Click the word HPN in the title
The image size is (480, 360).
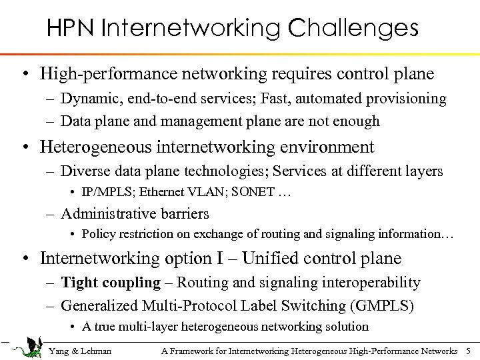71,29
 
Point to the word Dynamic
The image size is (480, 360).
87,99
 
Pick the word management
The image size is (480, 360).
207,121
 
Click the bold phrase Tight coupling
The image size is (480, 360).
111,283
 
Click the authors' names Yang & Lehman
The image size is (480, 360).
80,351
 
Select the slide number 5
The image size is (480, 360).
469,351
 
